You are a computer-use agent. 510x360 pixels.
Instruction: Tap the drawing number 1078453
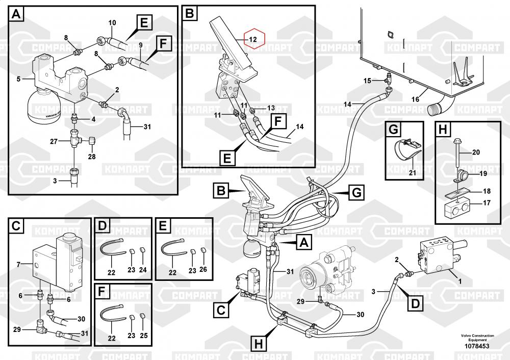[x=477, y=346]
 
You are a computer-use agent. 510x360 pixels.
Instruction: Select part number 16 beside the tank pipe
[x=416, y=98]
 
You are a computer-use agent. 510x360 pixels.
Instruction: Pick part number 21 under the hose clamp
[x=413, y=173]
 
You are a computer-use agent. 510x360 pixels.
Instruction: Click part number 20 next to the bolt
[x=476, y=152]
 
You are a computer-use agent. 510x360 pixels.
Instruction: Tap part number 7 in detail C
[x=18, y=264]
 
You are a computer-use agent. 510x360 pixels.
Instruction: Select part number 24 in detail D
[x=143, y=270]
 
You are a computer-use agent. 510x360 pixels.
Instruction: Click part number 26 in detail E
[x=204, y=270]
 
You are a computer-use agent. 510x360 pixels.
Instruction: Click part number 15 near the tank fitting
[x=367, y=81]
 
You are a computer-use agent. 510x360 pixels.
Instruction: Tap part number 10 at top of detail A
[x=113, y=22]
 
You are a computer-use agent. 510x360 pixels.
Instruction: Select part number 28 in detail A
[x=92, y=157]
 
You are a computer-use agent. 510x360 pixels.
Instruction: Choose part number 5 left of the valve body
[x=18, y=79]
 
